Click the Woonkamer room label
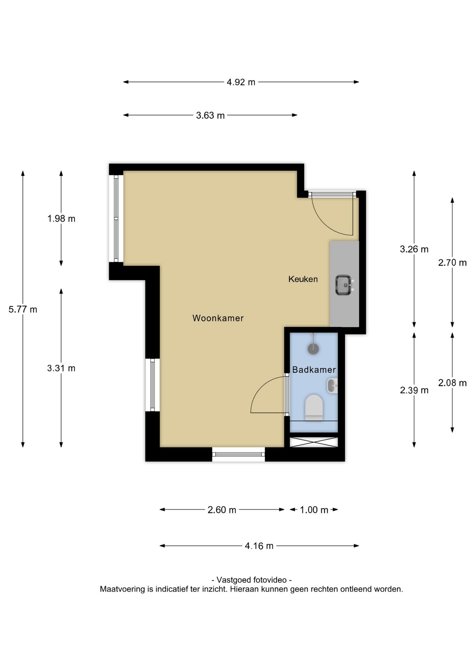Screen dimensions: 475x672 tap(218, 318)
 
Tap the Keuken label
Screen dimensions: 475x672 tap(303, 279)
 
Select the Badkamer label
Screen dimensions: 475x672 tap(314, 370)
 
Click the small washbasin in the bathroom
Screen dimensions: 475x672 tap(332, 386)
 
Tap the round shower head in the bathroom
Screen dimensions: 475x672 tap(313, 349)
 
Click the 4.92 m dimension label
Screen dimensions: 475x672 tap(241, 82)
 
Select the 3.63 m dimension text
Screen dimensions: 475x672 tap(210, 115)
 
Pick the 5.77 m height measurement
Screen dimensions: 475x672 tap(23, 309)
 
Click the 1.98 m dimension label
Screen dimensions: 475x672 tap(61, 219)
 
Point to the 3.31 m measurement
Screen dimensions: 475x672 tap(61, 368)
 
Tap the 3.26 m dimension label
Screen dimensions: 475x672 tap(414, 249)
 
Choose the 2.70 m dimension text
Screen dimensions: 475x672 tap(452, 262)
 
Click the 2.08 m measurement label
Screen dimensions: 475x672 tap(452, 383)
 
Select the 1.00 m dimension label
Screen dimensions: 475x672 tap(314, 510)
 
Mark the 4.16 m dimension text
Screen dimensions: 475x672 tap(259, 546)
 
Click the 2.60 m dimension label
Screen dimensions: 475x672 tap(222, 510)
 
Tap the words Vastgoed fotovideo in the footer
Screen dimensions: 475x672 tap(251, 580)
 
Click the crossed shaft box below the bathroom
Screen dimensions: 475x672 tap(314, 442)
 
